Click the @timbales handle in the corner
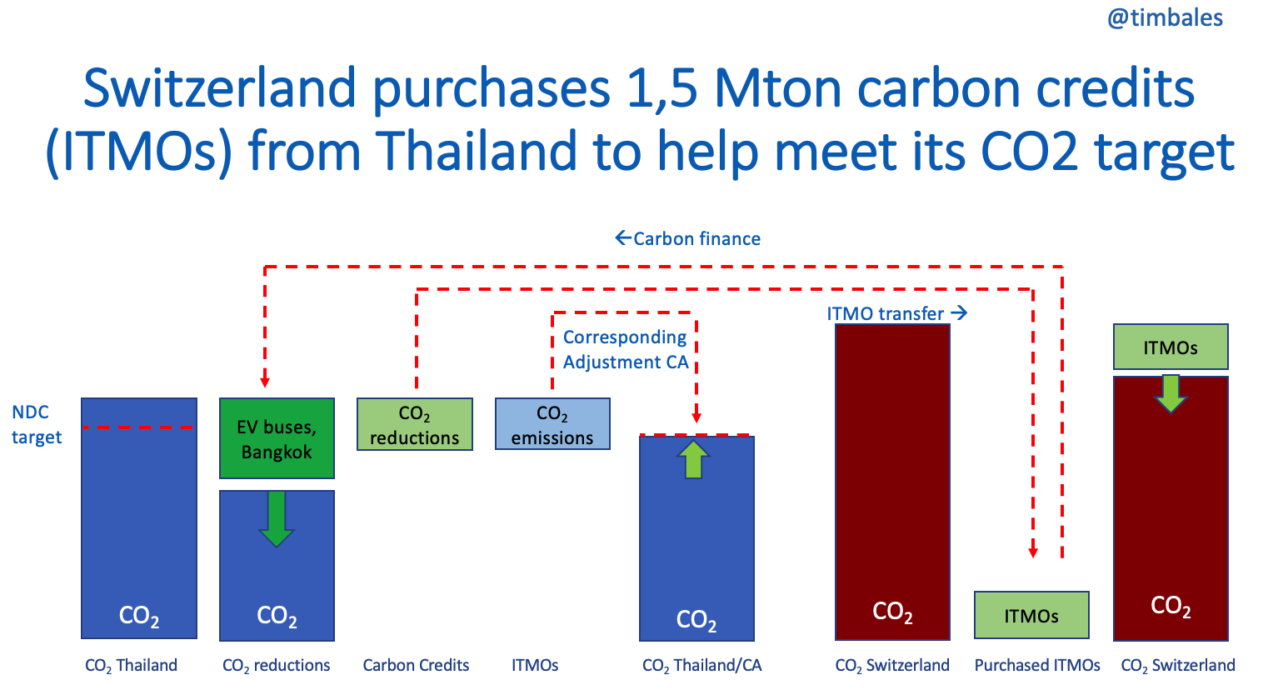[1165, 18]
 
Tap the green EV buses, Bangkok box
[277, 438]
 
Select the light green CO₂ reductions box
[415, 424]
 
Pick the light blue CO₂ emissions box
[552, 424]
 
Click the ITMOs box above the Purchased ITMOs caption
[1031, 615]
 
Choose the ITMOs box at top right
[1171, 347]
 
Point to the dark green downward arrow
[277, 518]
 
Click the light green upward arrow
[694, 459]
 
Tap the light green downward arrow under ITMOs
[1171, 394]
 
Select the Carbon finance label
[688, 238]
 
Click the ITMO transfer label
[897, 313]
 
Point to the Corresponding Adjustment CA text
[626, 349]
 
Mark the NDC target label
[37, 424]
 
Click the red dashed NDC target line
[137, 427]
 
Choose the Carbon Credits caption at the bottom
[416, 665]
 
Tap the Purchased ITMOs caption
[1037, 665]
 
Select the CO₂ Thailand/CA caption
[701, 666]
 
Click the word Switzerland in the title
[220, 88]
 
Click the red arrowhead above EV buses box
[265, 382]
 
